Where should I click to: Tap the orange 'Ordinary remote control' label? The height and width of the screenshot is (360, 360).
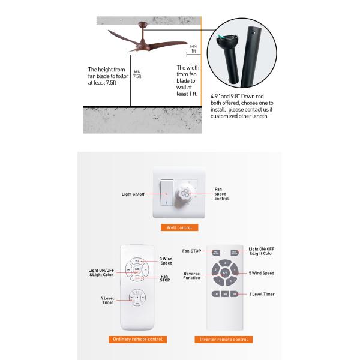tap(139, 339)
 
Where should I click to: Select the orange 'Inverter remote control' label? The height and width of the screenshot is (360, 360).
tap(224, 339)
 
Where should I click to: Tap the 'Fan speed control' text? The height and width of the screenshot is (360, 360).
tap(221, 194)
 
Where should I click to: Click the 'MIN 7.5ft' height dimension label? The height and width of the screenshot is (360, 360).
tap(137, 74)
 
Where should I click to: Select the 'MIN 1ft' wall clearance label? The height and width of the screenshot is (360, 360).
tap(193, 47)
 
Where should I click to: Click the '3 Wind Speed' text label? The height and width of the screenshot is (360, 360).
tap(166, 260)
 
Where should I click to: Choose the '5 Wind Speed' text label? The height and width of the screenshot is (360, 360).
tap(262, 274)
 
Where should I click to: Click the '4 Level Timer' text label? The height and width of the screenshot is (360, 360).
tap(106, 300)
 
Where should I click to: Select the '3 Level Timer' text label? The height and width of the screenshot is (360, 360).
tap(262, 294)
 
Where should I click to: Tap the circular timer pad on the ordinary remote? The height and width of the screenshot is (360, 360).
tap(137, 297)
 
